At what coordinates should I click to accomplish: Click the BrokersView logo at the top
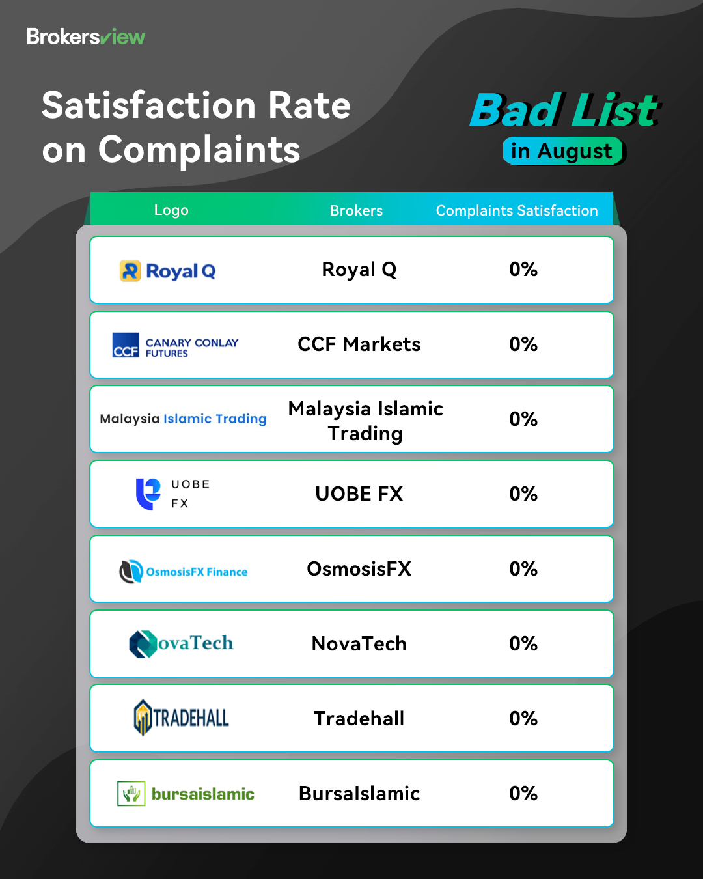point(86,37)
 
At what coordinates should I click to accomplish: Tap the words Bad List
point(564,110)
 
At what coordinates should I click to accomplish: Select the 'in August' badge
point(562,151)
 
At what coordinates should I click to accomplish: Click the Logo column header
point(171,210)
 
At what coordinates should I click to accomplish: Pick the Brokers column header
point(356,210)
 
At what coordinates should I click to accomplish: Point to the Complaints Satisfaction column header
point(517,210)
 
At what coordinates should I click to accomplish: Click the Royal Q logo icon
point(130,271)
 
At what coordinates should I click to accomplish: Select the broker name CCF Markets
point(359,344)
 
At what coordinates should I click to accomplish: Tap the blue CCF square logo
point(126,345)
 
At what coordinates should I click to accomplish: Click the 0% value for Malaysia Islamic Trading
point(523,419)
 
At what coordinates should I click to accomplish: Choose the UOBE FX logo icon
point(148,494)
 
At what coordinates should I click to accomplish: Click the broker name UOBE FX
point(359,494)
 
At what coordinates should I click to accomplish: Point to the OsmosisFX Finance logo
point(184,572)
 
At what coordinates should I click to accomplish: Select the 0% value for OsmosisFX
point(523,569)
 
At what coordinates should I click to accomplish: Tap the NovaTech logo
point(181,644)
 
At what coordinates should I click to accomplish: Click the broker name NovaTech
point(359,644)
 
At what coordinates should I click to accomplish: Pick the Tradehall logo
point(181,718)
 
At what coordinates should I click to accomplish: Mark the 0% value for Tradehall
point(523,719)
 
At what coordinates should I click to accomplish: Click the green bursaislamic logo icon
point(131,794)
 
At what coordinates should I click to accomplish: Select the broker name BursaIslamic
point(359,794)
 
